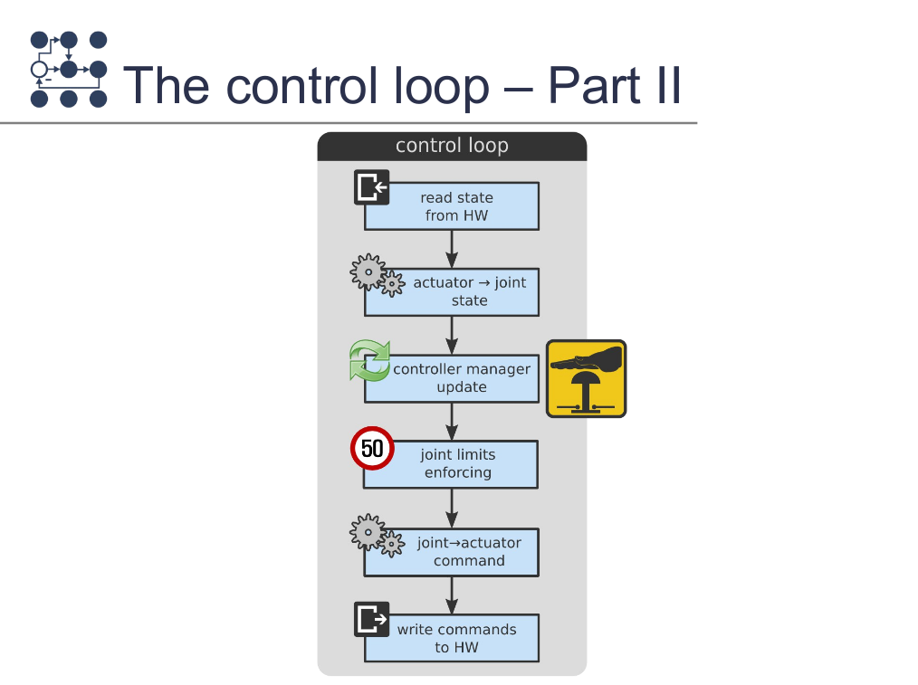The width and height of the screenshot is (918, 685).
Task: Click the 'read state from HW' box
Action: [x=456, y=207]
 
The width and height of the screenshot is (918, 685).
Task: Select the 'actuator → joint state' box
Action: [x=462, y=291]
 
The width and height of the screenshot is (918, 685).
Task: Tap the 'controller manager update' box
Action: [x=462, y=378]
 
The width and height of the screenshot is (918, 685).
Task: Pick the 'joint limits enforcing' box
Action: [x=458, y=464]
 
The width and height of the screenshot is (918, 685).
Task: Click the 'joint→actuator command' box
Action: [x=465, y=552]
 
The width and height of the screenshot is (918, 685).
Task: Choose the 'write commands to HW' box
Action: [x=456, y=639]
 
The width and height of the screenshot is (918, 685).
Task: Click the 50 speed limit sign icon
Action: [x=372, y=448]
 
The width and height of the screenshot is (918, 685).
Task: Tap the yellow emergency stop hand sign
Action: [x=586, y=378]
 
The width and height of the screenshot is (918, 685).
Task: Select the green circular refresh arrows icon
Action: [x=369, y=360]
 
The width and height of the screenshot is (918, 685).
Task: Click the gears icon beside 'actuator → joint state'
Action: [x=377, y=275]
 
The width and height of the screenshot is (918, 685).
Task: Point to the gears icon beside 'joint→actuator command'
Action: [x=377, y=535]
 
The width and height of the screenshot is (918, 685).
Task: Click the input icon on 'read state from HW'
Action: [x=371, y=187]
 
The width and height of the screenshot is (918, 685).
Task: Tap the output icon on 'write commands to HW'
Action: [x=371, y=619]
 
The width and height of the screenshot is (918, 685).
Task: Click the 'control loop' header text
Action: [x=452, y=146]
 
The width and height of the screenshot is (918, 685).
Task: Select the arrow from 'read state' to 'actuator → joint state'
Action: [x=452, y=248]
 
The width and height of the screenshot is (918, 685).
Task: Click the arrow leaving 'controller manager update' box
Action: [x=452, y=421]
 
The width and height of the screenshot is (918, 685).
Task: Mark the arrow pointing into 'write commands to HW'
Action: [x=452, y=595]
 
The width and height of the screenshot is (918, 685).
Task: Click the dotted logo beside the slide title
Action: [x=68, y=70]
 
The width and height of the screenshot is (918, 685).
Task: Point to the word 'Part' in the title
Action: [x=592, y=86]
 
